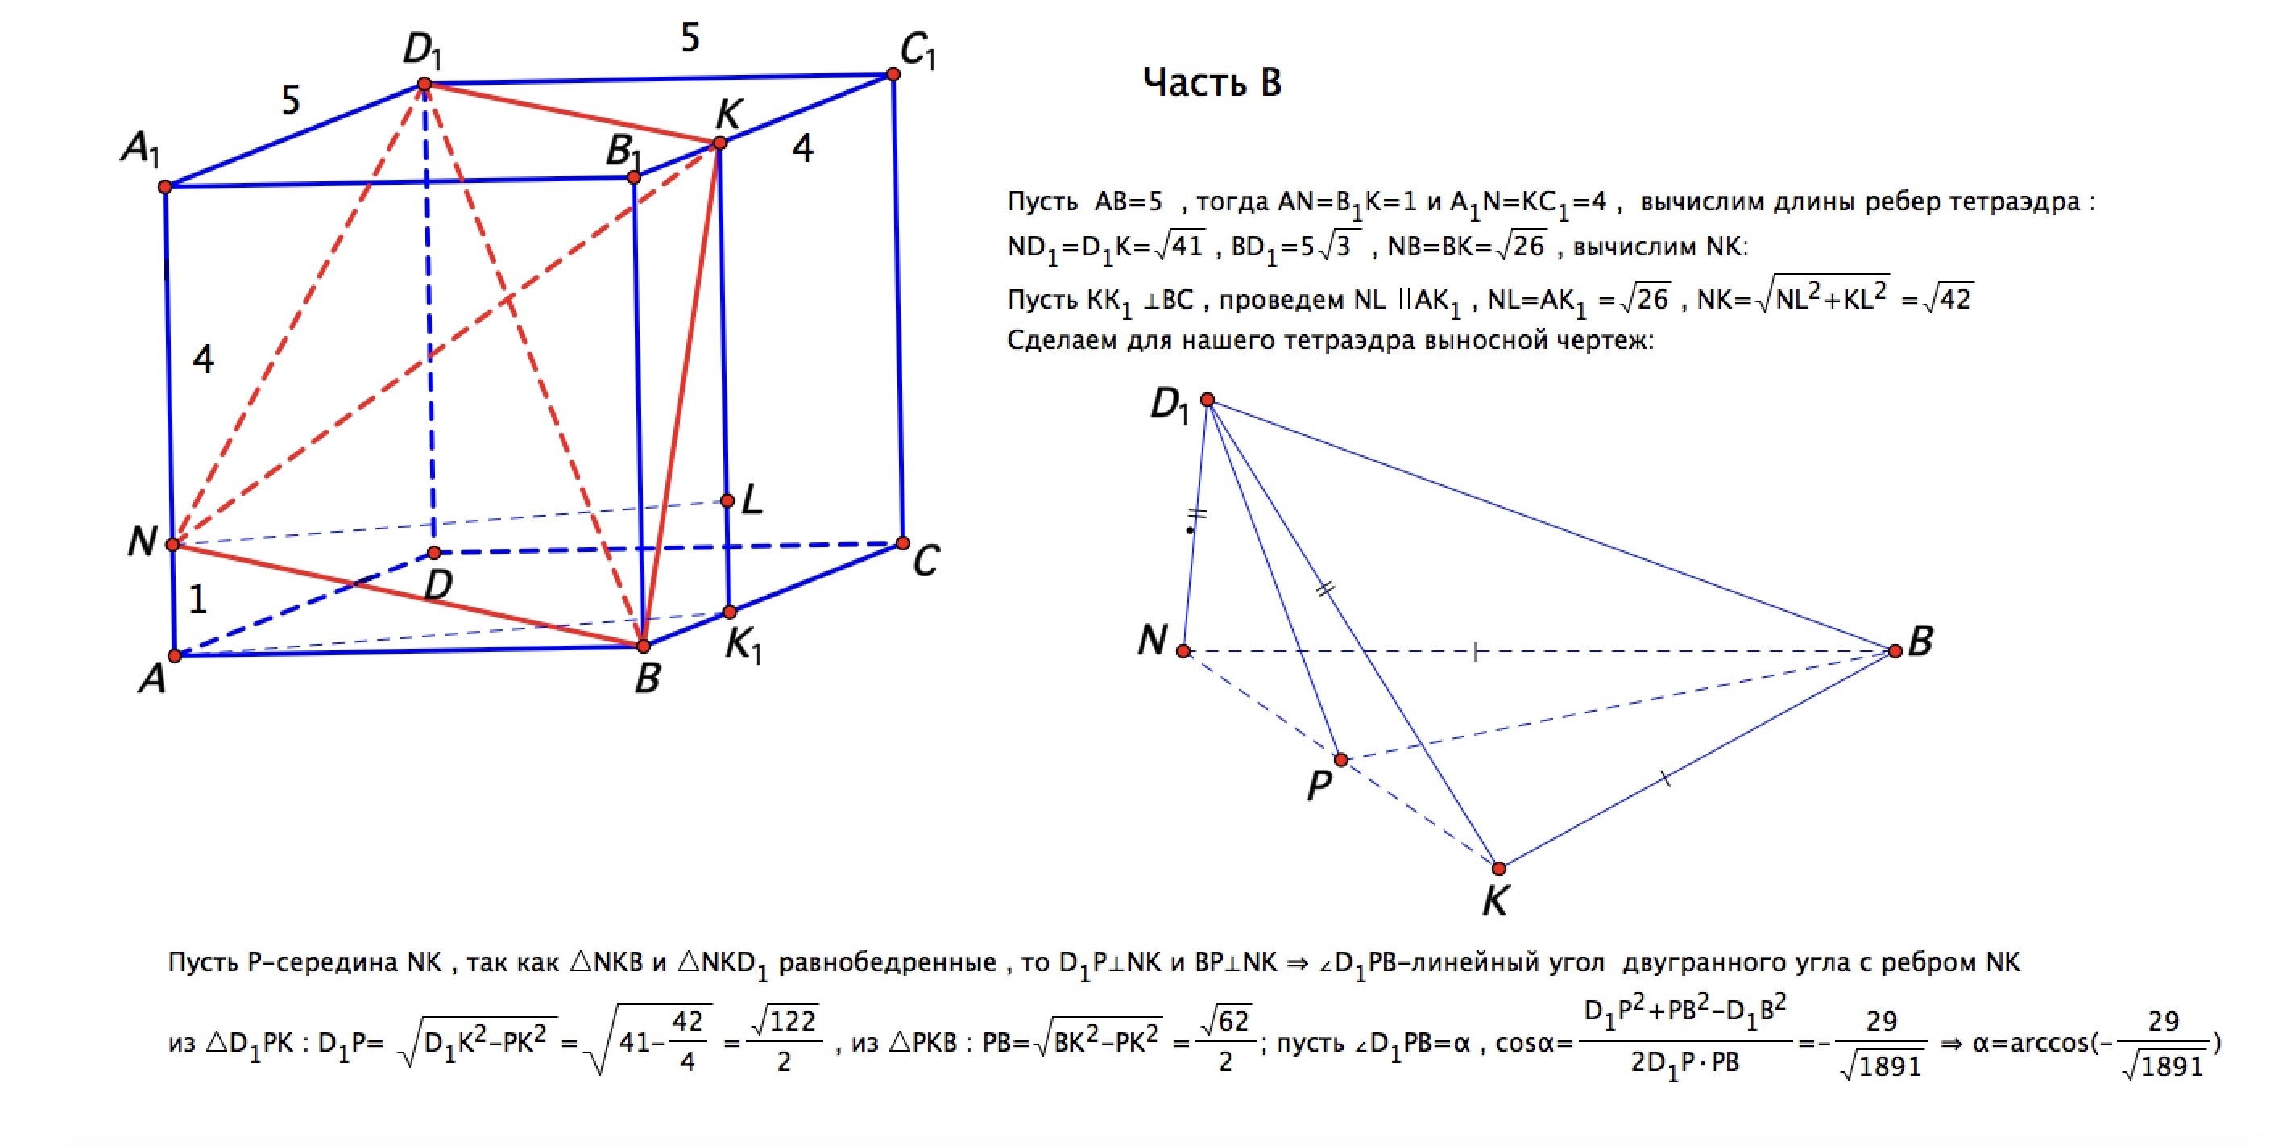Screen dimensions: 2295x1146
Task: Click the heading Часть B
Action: [x=1212, y=82]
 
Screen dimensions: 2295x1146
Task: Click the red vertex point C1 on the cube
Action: [x=893, y=74]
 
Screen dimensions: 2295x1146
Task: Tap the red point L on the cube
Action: [x=727, y=500]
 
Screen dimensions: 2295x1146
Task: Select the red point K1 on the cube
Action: [x=730, y=612]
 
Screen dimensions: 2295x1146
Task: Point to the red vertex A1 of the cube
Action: [x=165, y=186]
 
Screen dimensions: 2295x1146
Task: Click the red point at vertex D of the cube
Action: [x=434, y=553]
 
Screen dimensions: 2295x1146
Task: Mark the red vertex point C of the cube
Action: [x=902, y=542]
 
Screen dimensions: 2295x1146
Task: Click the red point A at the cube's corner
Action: [x=175, y=656]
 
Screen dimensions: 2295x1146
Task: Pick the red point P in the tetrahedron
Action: [x=1340, y=759]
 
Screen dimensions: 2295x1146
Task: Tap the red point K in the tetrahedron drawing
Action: [x=1498, y=868]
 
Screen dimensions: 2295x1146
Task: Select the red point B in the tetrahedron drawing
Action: [x=1895, y=650]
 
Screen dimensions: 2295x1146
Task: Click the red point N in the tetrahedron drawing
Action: [x=1183, y=650]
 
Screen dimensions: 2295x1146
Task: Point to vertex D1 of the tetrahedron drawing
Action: [x=1208, y=399]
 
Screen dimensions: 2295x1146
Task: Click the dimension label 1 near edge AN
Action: [x=198, y=600]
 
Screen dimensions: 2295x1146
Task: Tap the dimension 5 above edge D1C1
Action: [x=690, y=37]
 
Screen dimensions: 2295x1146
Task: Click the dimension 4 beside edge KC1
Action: [x=802, y=148]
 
